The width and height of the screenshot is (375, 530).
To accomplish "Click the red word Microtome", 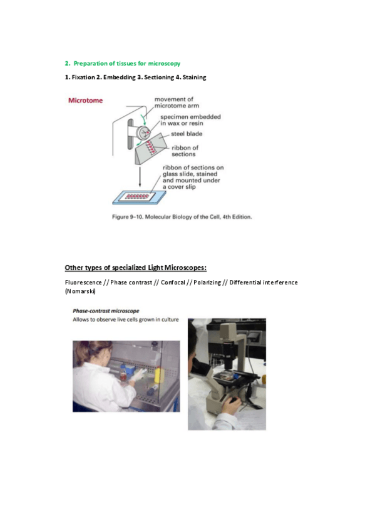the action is [85, 101].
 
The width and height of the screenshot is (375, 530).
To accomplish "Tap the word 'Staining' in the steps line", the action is [194, 77].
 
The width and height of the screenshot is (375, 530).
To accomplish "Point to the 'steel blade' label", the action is [187, 134].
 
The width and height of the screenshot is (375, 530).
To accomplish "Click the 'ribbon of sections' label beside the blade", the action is [185, 151].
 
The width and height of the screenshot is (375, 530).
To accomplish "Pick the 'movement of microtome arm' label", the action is [177, 102].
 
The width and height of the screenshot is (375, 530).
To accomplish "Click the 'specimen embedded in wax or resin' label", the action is [190, 120].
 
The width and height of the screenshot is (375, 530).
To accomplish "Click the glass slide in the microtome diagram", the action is [139, 197].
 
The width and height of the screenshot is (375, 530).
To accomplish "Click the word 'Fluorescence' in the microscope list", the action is [83, 282].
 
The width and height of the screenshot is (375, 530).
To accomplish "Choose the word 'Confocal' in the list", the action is [173, 282].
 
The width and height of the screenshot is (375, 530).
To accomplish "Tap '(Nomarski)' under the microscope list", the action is [80, 291].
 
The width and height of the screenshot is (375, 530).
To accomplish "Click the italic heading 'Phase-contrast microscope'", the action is [106, 311].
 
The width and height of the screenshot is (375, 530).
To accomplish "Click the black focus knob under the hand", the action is [233, 401].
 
